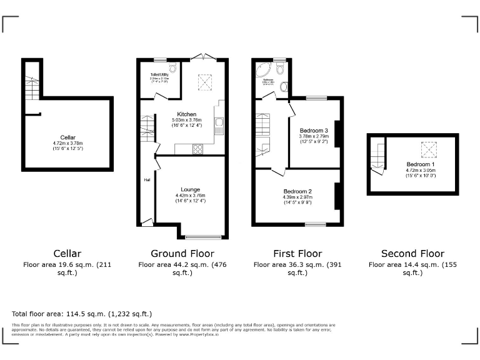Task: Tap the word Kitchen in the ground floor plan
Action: pyautogui.click(x=187, y=114)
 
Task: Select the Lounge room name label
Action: pyautogui.click(x=190, y=189)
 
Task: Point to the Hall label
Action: pyautogui.click(x=147, y=180)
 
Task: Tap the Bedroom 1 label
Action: pyautogui.click(x=412, y=164)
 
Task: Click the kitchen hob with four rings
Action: pyautogui.click(x=199, y=149)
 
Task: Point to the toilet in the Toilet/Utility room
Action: pyautogui.click(x=173, y=67)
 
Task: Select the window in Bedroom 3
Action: pyautogui.click(x=316, y=97)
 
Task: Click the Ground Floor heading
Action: pyautogui.click(x=182, y=253)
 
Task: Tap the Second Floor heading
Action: pyautogui.click(x=412, y=253)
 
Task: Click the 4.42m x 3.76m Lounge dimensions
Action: pyautogui.click(x=190, y=196)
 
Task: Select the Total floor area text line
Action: pyautogui.click(x=82, y=313)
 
